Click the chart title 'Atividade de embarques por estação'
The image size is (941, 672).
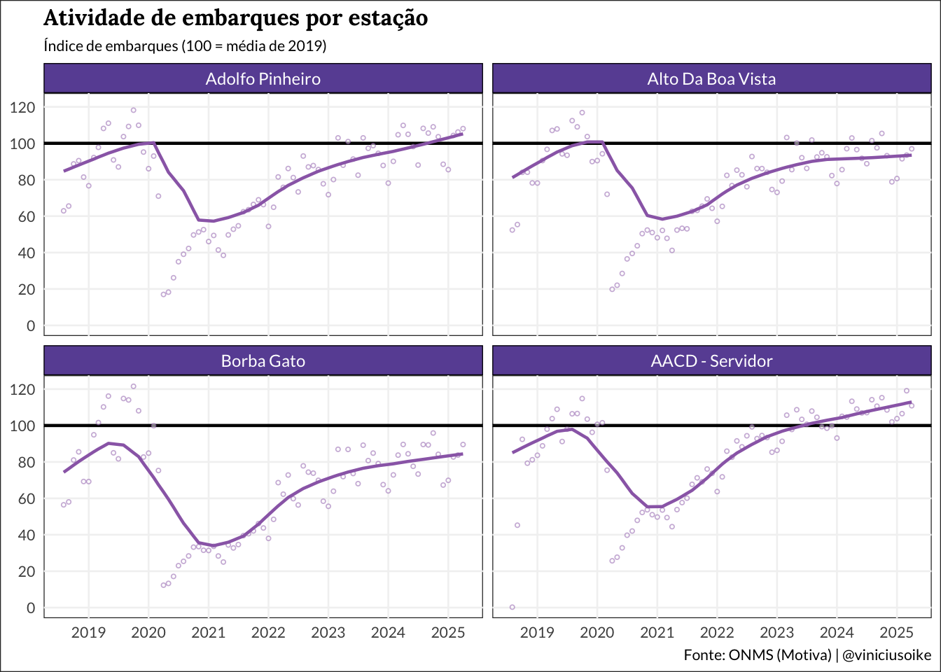tap(235, 18)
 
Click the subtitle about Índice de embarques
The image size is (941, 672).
tap(185, 46)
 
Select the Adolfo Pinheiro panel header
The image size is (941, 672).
tap(263, 79)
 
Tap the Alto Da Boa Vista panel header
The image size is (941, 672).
tap(711, 79)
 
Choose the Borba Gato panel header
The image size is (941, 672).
tap(263, 361)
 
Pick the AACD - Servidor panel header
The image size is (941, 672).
tap(711, 361)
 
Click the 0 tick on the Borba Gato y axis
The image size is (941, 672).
tap(31, 608)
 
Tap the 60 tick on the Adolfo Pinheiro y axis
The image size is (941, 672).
tap(27, 216)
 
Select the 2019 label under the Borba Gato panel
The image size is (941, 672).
tap(89, 633)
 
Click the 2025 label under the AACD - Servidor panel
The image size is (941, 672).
tap(896, 633)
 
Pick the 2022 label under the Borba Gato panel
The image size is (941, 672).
tap(268, 633)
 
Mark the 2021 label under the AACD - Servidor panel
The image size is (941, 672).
tap(657, 633)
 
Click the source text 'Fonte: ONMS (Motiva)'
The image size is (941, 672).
tap(758, 655)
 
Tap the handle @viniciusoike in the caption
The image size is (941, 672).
tap(886, 655)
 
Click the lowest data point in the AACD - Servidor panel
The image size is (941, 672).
tap(513, 607)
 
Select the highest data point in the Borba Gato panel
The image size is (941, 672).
tap(133, 386)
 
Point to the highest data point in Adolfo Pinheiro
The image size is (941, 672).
tap(133, 110)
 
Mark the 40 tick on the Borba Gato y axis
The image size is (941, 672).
tap(27, 535)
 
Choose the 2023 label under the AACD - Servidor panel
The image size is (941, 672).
tap(776, 633)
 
